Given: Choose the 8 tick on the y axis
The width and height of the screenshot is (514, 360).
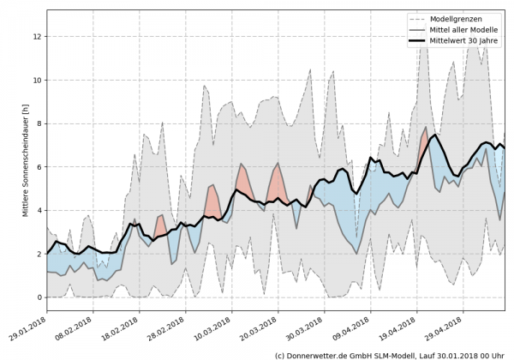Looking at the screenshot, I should click(x=39, y=124).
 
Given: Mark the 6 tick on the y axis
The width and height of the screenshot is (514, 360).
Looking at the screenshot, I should click(x=39, y=167).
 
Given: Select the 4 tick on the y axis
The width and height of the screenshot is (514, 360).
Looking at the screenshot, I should click(x=39, y=211).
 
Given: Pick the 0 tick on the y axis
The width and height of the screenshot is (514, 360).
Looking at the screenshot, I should click(x=39, y=297).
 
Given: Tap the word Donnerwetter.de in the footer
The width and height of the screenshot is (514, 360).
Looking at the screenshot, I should click(x=326, y=354).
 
